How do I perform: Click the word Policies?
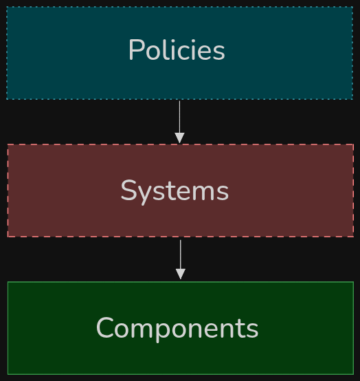coord(177,50)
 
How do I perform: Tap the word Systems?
coord(175,191)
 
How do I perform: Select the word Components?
coord(177,329)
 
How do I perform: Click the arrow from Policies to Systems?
coord(179,122)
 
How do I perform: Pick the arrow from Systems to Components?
coord(181,259)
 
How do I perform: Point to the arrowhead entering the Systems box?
coord(179,138)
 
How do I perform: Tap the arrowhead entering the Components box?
coord(181,274)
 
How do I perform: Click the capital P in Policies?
coord(136,50)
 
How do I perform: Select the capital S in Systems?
coord(129,190)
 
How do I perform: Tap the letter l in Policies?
coord(166,49)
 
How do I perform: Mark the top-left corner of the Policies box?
coord(7,7)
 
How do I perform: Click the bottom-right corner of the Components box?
coord(353,374)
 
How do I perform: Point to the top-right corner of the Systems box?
coord(353,144)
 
